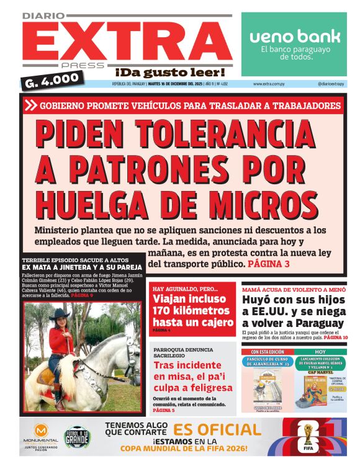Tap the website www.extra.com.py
[x=269, y=84]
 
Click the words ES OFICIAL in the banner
[x=217, y=430]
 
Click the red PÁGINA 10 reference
[x=336, y=337]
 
